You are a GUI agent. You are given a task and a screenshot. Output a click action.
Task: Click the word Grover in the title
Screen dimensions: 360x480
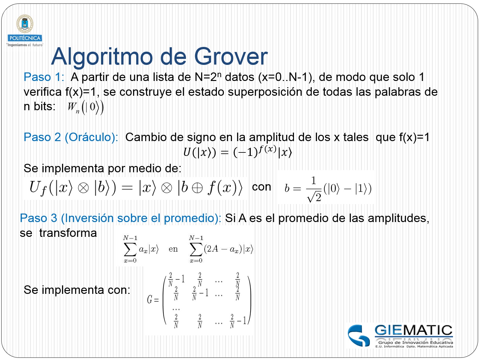[x=231, y=57]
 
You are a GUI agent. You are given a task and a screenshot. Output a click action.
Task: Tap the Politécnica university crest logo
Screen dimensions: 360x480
[x=25, y=24]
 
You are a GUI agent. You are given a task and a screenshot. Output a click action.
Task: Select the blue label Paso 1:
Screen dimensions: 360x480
[x=44, y=77]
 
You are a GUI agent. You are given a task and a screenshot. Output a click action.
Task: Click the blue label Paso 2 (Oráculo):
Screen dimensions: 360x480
[x=71, y=137]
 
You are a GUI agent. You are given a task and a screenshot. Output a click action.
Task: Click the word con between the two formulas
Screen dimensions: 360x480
[x=261, y=187]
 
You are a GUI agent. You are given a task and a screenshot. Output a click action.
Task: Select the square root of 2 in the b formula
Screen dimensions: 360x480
[x=314, y=197]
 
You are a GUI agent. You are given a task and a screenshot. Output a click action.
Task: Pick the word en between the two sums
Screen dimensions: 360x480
[x=173, y=249]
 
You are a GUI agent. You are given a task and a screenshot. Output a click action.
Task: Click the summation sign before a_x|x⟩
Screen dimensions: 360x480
[x=130, y=249]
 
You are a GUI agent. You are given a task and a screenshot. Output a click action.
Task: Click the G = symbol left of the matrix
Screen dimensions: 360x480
[x=153, y=300]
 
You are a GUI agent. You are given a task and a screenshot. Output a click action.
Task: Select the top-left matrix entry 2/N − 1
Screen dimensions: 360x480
[x=176, y=279]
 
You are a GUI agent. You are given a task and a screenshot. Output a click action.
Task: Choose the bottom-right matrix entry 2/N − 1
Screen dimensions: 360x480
[x=238, y=321]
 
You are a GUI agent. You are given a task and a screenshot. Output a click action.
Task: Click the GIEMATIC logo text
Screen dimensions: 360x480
[x=413, y=331]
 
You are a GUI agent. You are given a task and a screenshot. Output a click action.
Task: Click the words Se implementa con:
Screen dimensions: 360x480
[x=77, y=290]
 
